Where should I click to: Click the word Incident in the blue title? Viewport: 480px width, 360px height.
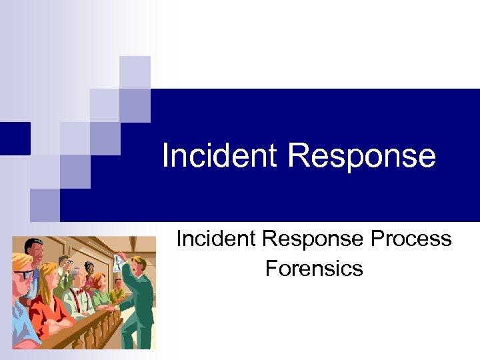click(x=219, y=156)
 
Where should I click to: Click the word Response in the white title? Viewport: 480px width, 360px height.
click(x=361, y=156)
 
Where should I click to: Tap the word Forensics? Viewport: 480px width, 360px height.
click(x=314, y=268)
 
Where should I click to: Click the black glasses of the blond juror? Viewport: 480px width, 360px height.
click(x=24, y=273)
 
